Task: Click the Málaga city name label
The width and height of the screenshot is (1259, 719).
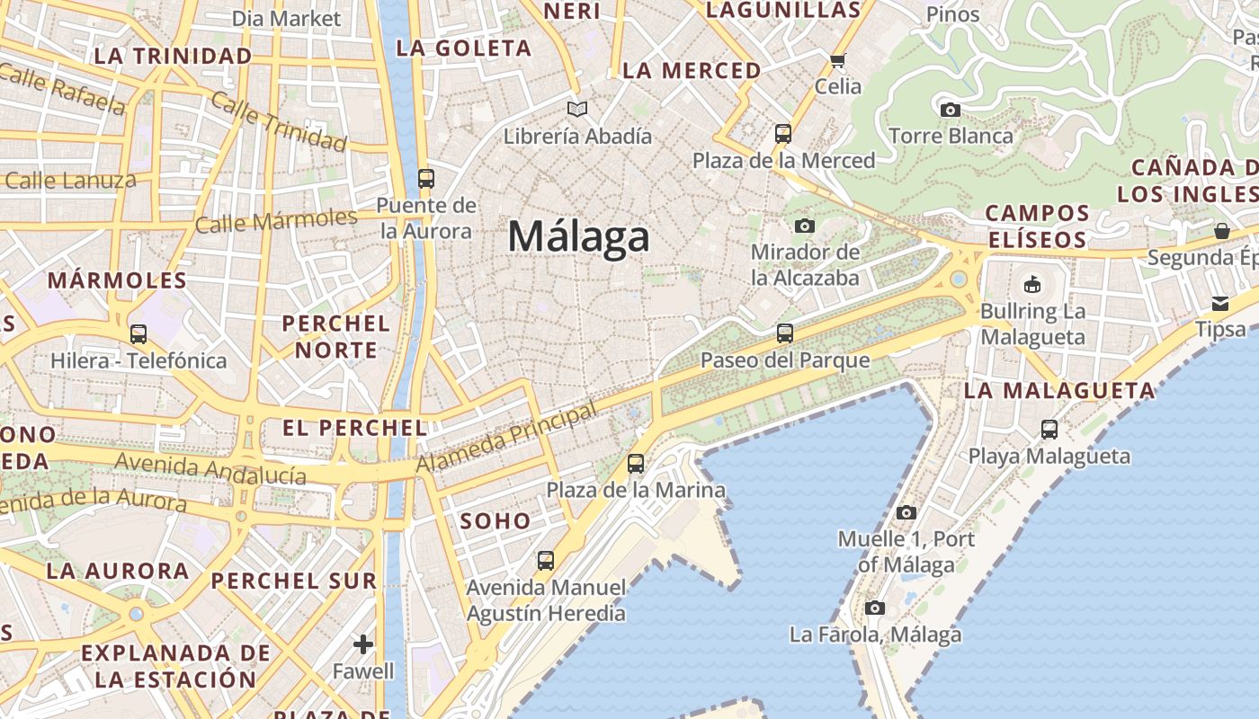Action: (578, 236)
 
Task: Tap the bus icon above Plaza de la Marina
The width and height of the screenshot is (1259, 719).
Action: (636, 464)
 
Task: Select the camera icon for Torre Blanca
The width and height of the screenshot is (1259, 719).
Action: (950, 111)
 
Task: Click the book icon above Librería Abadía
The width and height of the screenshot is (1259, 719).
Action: (577, 110)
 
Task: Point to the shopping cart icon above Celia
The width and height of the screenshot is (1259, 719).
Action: (838, 61)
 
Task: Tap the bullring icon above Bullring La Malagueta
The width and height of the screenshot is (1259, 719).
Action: (1032, 285)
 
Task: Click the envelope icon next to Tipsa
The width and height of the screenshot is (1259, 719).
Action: (1220, 303)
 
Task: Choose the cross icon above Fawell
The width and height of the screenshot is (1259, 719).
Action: (363, 644)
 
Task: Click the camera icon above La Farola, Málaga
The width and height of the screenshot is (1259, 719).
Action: (875, 608)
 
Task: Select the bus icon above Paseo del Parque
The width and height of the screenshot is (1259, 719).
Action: (785, 333)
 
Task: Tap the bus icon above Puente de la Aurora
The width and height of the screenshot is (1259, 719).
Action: (426, 178)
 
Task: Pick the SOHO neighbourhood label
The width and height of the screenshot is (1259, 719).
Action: (496, 520)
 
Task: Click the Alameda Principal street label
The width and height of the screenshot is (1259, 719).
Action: (506, 439)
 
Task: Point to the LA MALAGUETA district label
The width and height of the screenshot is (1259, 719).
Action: (1059, 391)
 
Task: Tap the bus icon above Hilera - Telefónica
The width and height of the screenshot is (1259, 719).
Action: (138, 334)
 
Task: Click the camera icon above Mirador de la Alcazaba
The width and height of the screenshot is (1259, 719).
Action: (805, 226)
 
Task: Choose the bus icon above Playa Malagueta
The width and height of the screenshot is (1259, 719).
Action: (1049, 430)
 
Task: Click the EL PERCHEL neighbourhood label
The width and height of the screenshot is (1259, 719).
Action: (354, 428)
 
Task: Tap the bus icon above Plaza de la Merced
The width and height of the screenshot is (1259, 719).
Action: (783, 134)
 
